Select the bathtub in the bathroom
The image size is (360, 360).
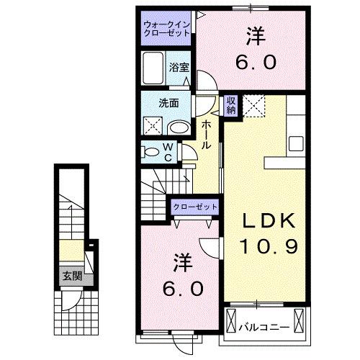coord(153,68)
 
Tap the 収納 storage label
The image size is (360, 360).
coord(230,106)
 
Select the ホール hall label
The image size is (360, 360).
coord(206,135)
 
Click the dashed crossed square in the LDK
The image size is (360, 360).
coord(254,105)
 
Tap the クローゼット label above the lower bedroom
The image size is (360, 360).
coord(195,207)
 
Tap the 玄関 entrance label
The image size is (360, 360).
coord(70,275)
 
